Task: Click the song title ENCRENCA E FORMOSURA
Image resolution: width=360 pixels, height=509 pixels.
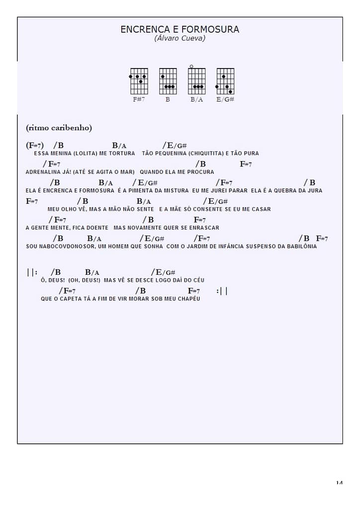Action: coord(180,29)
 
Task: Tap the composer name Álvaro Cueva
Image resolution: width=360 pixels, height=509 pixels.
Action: coord(180,38)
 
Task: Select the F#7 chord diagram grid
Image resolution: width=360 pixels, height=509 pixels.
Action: coord(139,81)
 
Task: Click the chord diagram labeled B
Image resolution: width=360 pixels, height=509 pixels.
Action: coord(168,81)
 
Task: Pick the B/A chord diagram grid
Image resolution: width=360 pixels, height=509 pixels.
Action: coord(197,81)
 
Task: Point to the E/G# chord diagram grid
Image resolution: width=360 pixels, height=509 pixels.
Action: coord(225,81)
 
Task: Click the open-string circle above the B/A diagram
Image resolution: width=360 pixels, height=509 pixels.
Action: coord(191,66)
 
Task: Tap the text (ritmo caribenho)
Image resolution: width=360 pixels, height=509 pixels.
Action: coord(59,128)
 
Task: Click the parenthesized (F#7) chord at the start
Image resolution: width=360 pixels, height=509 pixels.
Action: coord(35,146)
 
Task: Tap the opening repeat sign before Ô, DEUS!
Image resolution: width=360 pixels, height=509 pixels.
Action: coord(32,272)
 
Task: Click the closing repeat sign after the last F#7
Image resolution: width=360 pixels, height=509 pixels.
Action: coord(222,291)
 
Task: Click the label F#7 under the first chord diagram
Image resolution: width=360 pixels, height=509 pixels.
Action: coord(139,99)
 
